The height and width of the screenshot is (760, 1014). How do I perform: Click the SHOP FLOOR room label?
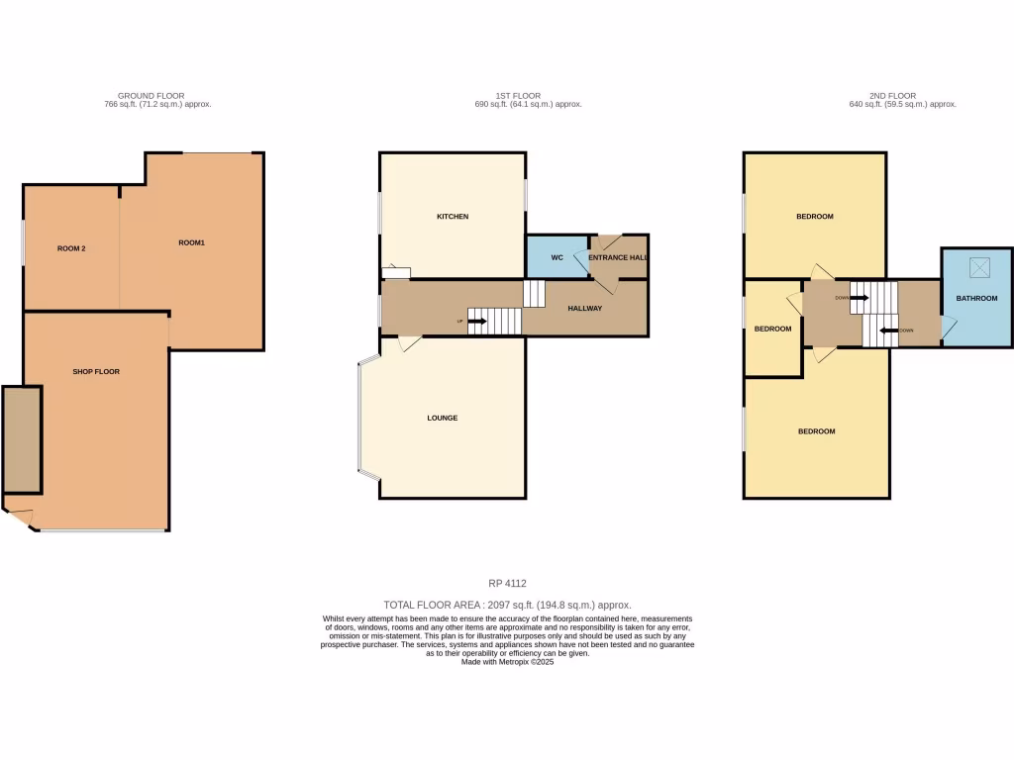click(x=96, y=371)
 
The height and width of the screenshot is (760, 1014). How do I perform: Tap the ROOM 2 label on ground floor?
click(x=71, y=248)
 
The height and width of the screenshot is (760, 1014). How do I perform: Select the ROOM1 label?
click(x=191, y=242)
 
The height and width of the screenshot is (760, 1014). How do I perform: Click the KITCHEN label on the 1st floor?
click(x=453, y=216)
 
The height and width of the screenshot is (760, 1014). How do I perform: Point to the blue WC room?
click(x=557, y=257)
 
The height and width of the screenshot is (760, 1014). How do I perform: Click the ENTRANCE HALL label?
click(x=617, y=257)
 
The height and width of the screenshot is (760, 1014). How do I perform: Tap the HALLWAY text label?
click(x=585, y=309)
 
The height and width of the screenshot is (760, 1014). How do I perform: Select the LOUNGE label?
click(x=443, y=418)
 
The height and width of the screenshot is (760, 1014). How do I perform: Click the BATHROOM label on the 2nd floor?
click(x=976, y=298)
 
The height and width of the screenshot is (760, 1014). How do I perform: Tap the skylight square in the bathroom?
click(x=976, y=266)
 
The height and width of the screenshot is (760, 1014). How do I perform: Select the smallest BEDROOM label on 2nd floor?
click(x=772, y=329)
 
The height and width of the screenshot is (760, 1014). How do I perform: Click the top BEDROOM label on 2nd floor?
click(x=815, y=216)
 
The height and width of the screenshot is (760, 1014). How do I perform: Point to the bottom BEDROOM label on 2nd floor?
click(x=817, y=431)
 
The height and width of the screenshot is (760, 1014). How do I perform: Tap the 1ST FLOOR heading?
click(x=528, y=96)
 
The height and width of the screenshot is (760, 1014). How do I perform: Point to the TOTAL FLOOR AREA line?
click(x=507, y=604)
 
